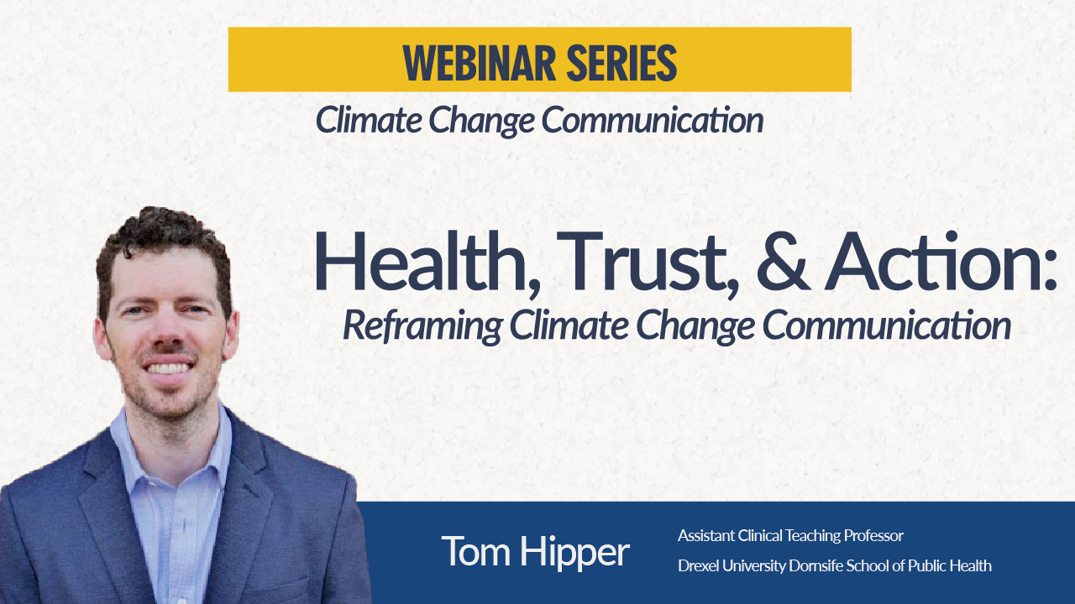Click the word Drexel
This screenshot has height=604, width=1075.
click(x=697, y=565)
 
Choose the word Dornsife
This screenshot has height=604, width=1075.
click(x=817, y=565)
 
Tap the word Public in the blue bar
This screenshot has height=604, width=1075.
click(x=928, y=565)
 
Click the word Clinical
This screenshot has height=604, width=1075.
click(x=760, y=535)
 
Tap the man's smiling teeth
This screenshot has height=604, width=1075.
click(x=170, y=367)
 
